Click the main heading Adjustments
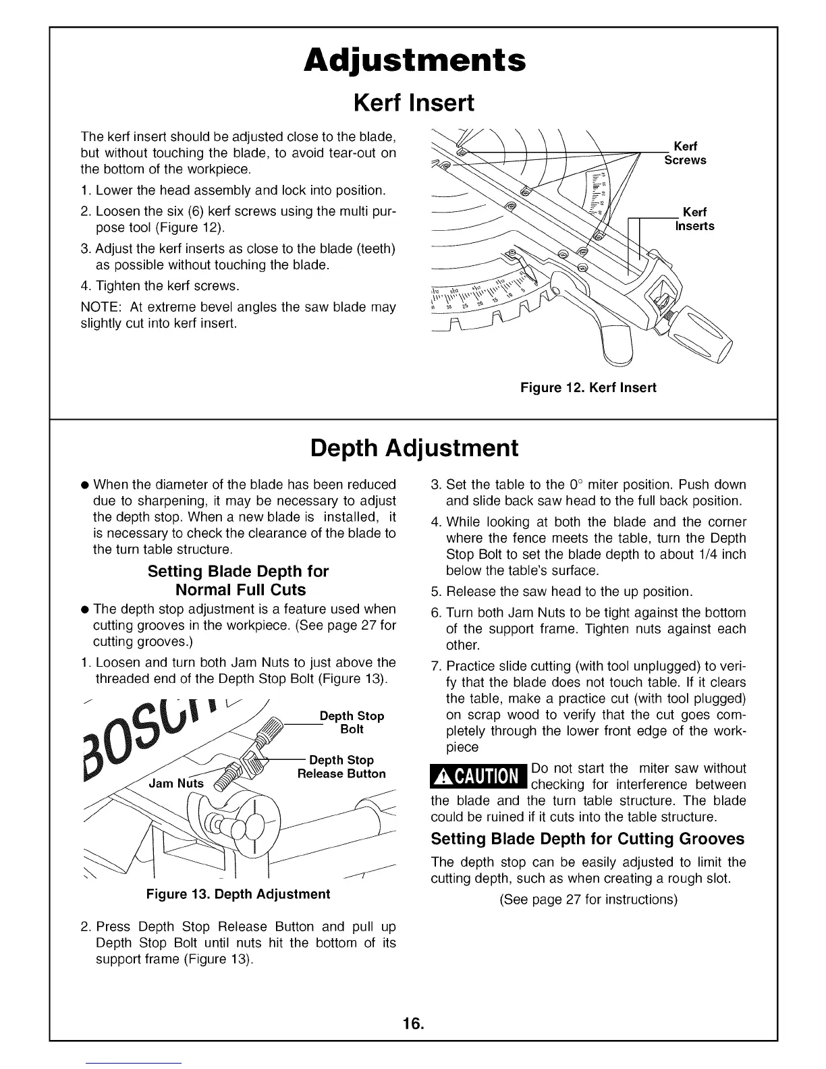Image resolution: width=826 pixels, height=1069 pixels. [x=414, y=61]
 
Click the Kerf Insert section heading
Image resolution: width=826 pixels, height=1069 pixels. [x=414, y=103]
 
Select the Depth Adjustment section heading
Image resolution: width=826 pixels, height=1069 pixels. [x=414, y=448]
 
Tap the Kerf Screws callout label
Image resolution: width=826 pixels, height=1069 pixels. [x=685, y=153]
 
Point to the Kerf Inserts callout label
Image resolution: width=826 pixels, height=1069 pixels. [x=694, y=219]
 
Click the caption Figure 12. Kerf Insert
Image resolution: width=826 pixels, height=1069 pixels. [x=588, y=388]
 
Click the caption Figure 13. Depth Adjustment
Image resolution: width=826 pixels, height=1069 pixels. [x=238, y=894]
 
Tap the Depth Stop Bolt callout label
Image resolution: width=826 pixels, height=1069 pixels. [x=352, y=723]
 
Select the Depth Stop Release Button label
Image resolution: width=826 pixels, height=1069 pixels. [x=341, y=767]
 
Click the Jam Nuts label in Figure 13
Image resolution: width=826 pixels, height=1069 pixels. [x=175, y=784]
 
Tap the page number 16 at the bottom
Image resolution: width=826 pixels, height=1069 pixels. [x=413, y=1024]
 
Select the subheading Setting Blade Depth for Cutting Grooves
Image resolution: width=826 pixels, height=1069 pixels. [x=587, y=839]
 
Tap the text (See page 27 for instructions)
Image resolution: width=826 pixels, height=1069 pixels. [x=588, y=900]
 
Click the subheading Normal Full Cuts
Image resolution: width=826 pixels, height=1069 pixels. [x=240, y=590]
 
